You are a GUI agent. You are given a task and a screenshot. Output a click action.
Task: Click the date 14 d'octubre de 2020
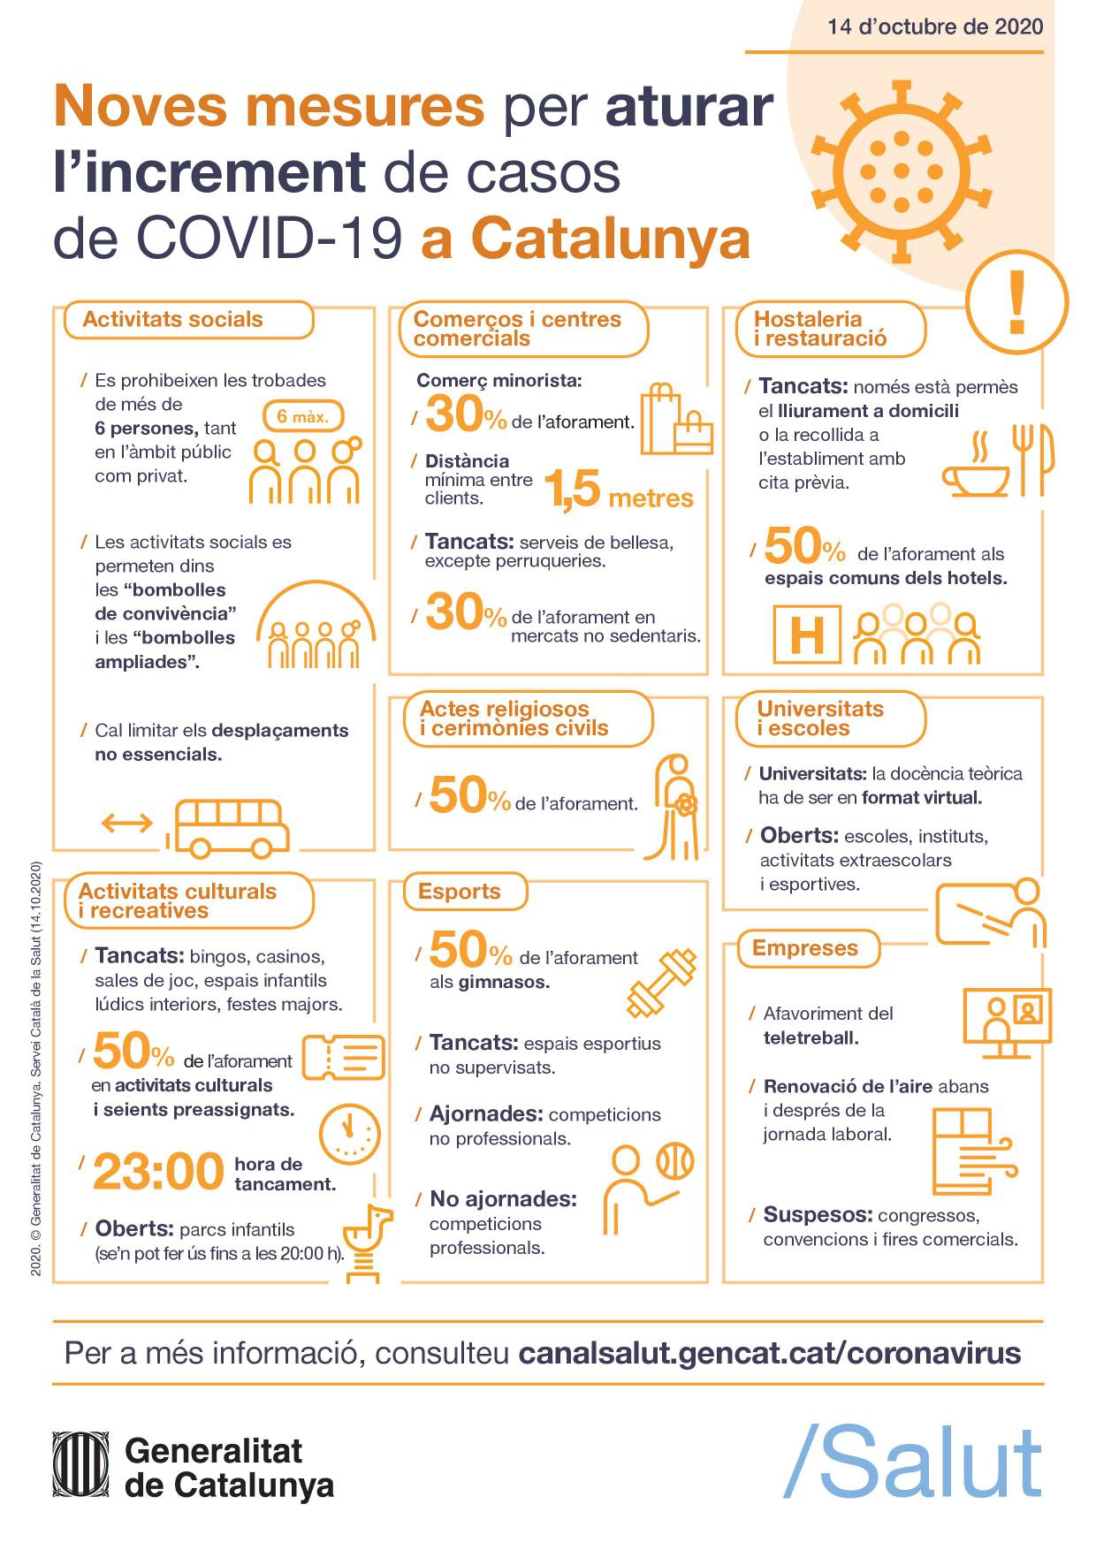pyautogui.click(x=934, y=27)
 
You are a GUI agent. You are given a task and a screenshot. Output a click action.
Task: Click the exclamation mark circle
pyautogui.click(x=1016, y=302)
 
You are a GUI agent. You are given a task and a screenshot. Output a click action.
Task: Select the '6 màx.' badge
pyautogui.click(x=302, y=416)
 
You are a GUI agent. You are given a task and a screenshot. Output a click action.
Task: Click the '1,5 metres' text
pyautogui.click(x=618, y=491)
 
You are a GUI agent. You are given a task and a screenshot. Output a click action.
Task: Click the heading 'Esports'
pyautogui.click(x=459, y=892)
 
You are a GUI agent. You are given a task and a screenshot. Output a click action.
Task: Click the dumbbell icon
pyautogui.click(x=662, y=981)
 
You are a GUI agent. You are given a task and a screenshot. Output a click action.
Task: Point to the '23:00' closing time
pyautogui.click(x=159, y=1172)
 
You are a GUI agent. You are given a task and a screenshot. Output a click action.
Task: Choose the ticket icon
pyautogui.click(x=344, y=1058)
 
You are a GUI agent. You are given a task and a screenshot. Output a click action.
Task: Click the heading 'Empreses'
pyautogui.click(x=804, y=948)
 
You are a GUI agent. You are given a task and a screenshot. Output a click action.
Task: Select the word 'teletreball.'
pyautogui.click(x=811, y=1037)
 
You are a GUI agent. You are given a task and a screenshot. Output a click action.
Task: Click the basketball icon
pyautogui.click(x=675, y=1160)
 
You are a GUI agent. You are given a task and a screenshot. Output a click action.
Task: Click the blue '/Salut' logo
pyautogui.click(x=913, y=1463)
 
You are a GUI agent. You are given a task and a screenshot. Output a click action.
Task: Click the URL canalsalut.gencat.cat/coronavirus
pyautogui.click(x=769, y=1353)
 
